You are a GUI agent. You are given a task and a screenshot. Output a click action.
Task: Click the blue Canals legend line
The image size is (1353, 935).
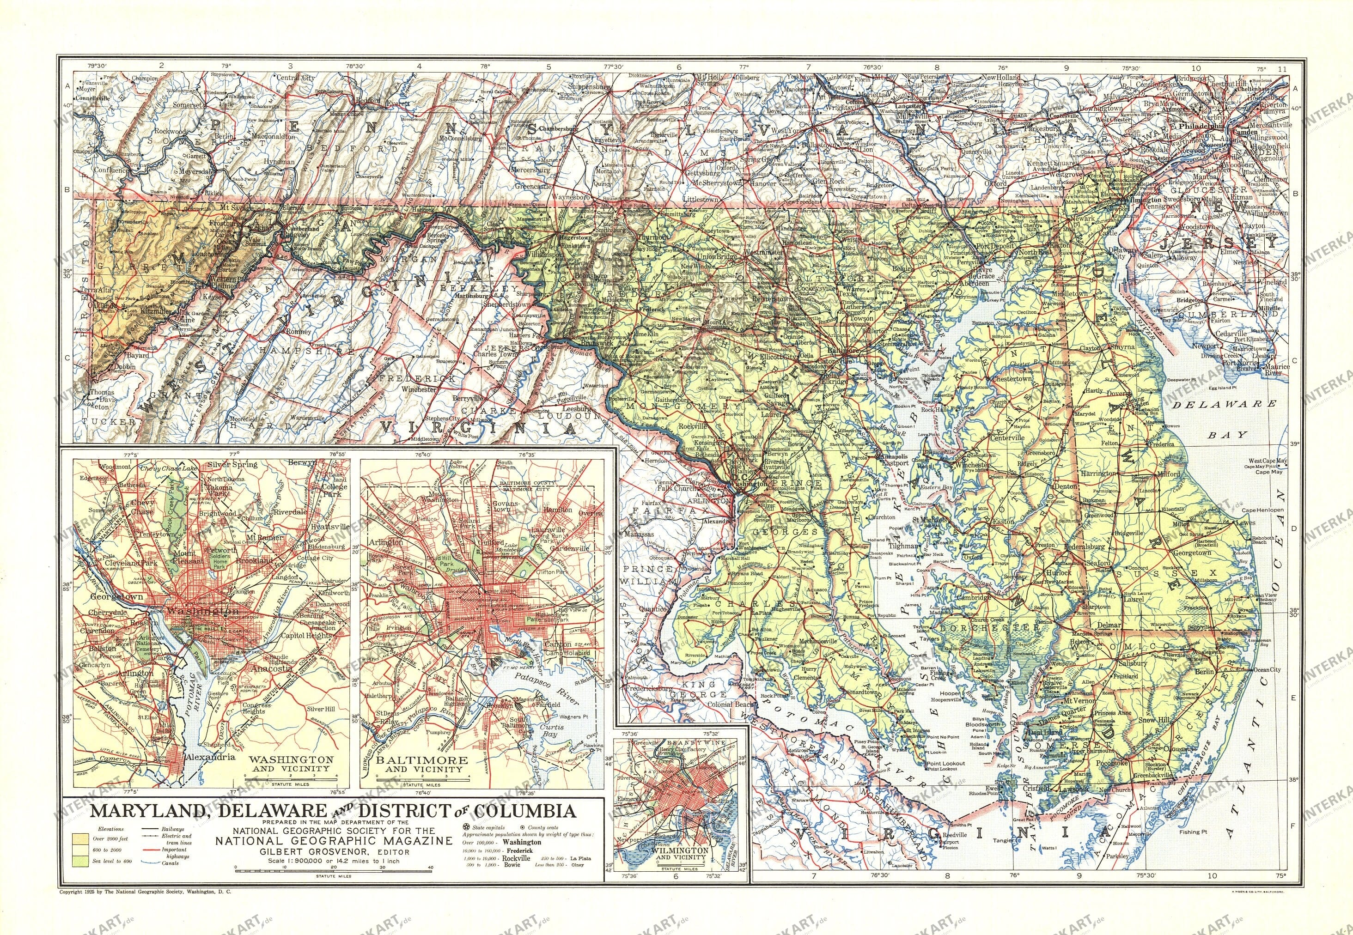pyautogui.click(x=153, y=863)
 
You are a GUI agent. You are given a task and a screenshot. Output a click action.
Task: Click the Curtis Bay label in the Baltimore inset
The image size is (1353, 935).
pyautogui.click(x=553, y=730)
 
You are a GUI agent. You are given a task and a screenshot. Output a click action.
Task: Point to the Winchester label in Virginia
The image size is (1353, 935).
pyautogui.click(x=414, y=389)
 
